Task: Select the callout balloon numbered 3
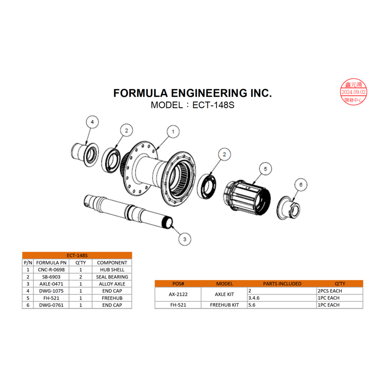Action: (184, 239)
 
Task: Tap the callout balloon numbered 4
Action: (92, 122)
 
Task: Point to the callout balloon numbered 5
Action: (265, 169)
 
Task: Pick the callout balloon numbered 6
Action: (301, 185)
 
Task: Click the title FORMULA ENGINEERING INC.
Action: (192, 93)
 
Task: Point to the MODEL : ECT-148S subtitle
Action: (192, 105)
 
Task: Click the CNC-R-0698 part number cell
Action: (51, 269)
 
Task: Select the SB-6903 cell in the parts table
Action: (51, 277)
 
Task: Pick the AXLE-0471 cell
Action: (51, 284)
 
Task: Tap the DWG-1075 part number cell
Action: (51, 291)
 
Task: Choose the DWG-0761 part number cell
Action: (51, 305)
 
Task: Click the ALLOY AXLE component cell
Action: (112, 284)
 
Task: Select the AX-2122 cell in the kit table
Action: (178, 294)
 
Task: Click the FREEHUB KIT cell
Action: (224, 305)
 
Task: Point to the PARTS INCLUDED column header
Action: (282, 284)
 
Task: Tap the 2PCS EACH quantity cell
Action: (329, 291)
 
